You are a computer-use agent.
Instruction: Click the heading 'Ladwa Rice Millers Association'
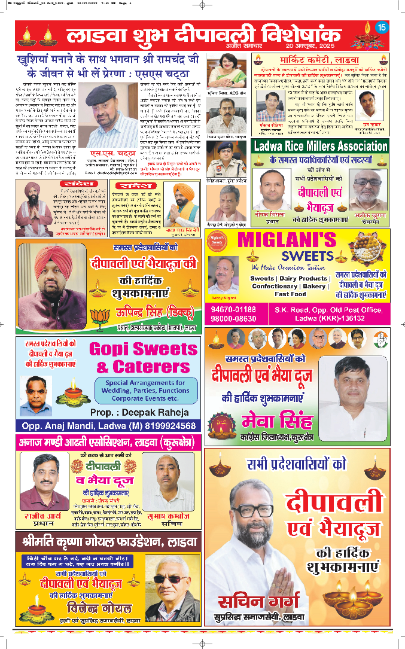click(x=320, y=146)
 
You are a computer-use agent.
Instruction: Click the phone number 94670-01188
click(x=233, y=309)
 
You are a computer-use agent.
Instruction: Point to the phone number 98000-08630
click(x=233, y=318)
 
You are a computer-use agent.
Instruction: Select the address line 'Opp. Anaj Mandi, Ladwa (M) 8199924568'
click(x=108, y=426)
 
